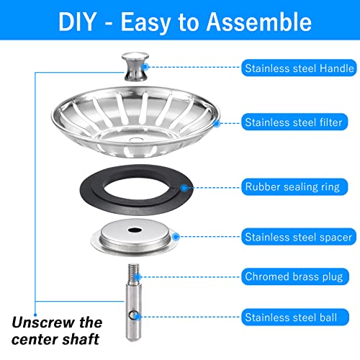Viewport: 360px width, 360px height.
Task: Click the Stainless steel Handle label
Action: pos(299,68)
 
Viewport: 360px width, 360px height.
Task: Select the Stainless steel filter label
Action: pos(294,122)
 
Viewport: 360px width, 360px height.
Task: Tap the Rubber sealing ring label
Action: pos(294,186)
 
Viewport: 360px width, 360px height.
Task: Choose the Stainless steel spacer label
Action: pos(299,237)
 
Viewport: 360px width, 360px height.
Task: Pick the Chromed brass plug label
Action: pos(294,276)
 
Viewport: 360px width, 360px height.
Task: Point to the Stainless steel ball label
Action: pos(294,317)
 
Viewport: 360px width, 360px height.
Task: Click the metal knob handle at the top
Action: pos(135,66)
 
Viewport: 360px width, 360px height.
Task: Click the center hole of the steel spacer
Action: pos(135,230)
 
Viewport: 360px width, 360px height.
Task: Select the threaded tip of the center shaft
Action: pos(134,273)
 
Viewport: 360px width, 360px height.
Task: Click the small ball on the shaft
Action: pos(133,315)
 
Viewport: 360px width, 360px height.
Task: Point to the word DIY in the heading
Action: pos(77,22)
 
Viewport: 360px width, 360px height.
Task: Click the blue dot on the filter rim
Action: pos(217,124)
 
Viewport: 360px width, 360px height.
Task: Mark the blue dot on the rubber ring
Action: pos(184,188)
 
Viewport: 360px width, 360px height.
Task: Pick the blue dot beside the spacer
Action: pos(176,237)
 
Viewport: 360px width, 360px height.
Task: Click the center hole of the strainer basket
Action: pos(135,140)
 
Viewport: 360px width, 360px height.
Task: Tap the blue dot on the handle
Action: pos(145,67)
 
